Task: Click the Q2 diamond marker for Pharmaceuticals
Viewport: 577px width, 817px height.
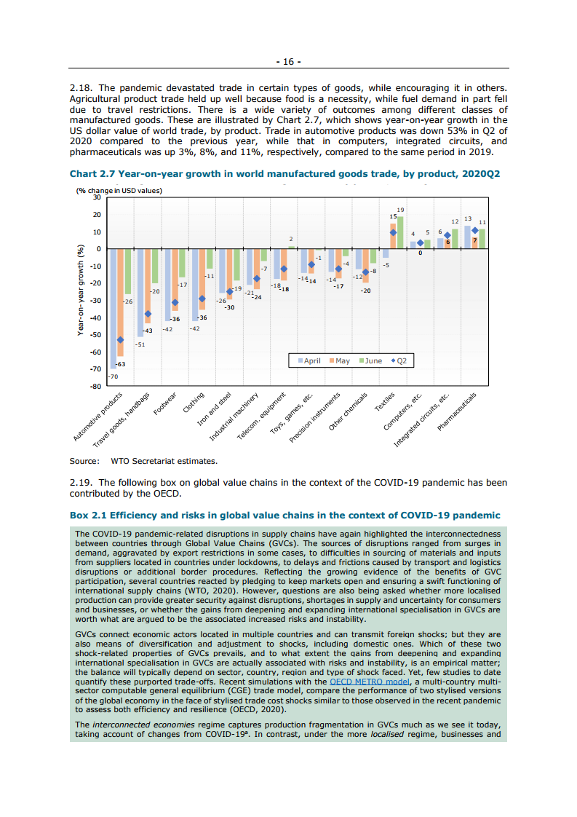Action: pyautogui.click(x=475, y=230)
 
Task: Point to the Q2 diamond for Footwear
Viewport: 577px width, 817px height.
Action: pyautogui.click(x=175, y=302)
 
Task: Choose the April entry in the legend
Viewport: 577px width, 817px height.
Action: pyautogui.click(x=309, y=360)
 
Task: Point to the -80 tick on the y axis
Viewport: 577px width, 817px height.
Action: pyautogui.click(x=95, y=387)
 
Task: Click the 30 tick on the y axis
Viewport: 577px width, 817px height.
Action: pyautogui.click(x=97, y=198)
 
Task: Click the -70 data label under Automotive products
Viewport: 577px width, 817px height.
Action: pyautogui.click(x=112, y=376)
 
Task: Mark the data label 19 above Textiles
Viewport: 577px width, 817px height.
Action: pyautogui.click(x=400, y=210)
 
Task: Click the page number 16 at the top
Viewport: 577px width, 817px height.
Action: pyautogui.click(x=288, y=61)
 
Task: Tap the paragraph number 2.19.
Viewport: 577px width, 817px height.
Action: pyautogui.click(x=80, y=482)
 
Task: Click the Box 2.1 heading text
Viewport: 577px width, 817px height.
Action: pyautogui.click(x=284, y=515)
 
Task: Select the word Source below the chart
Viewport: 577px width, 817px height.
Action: pyautogui.click(x=84, y=461)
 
